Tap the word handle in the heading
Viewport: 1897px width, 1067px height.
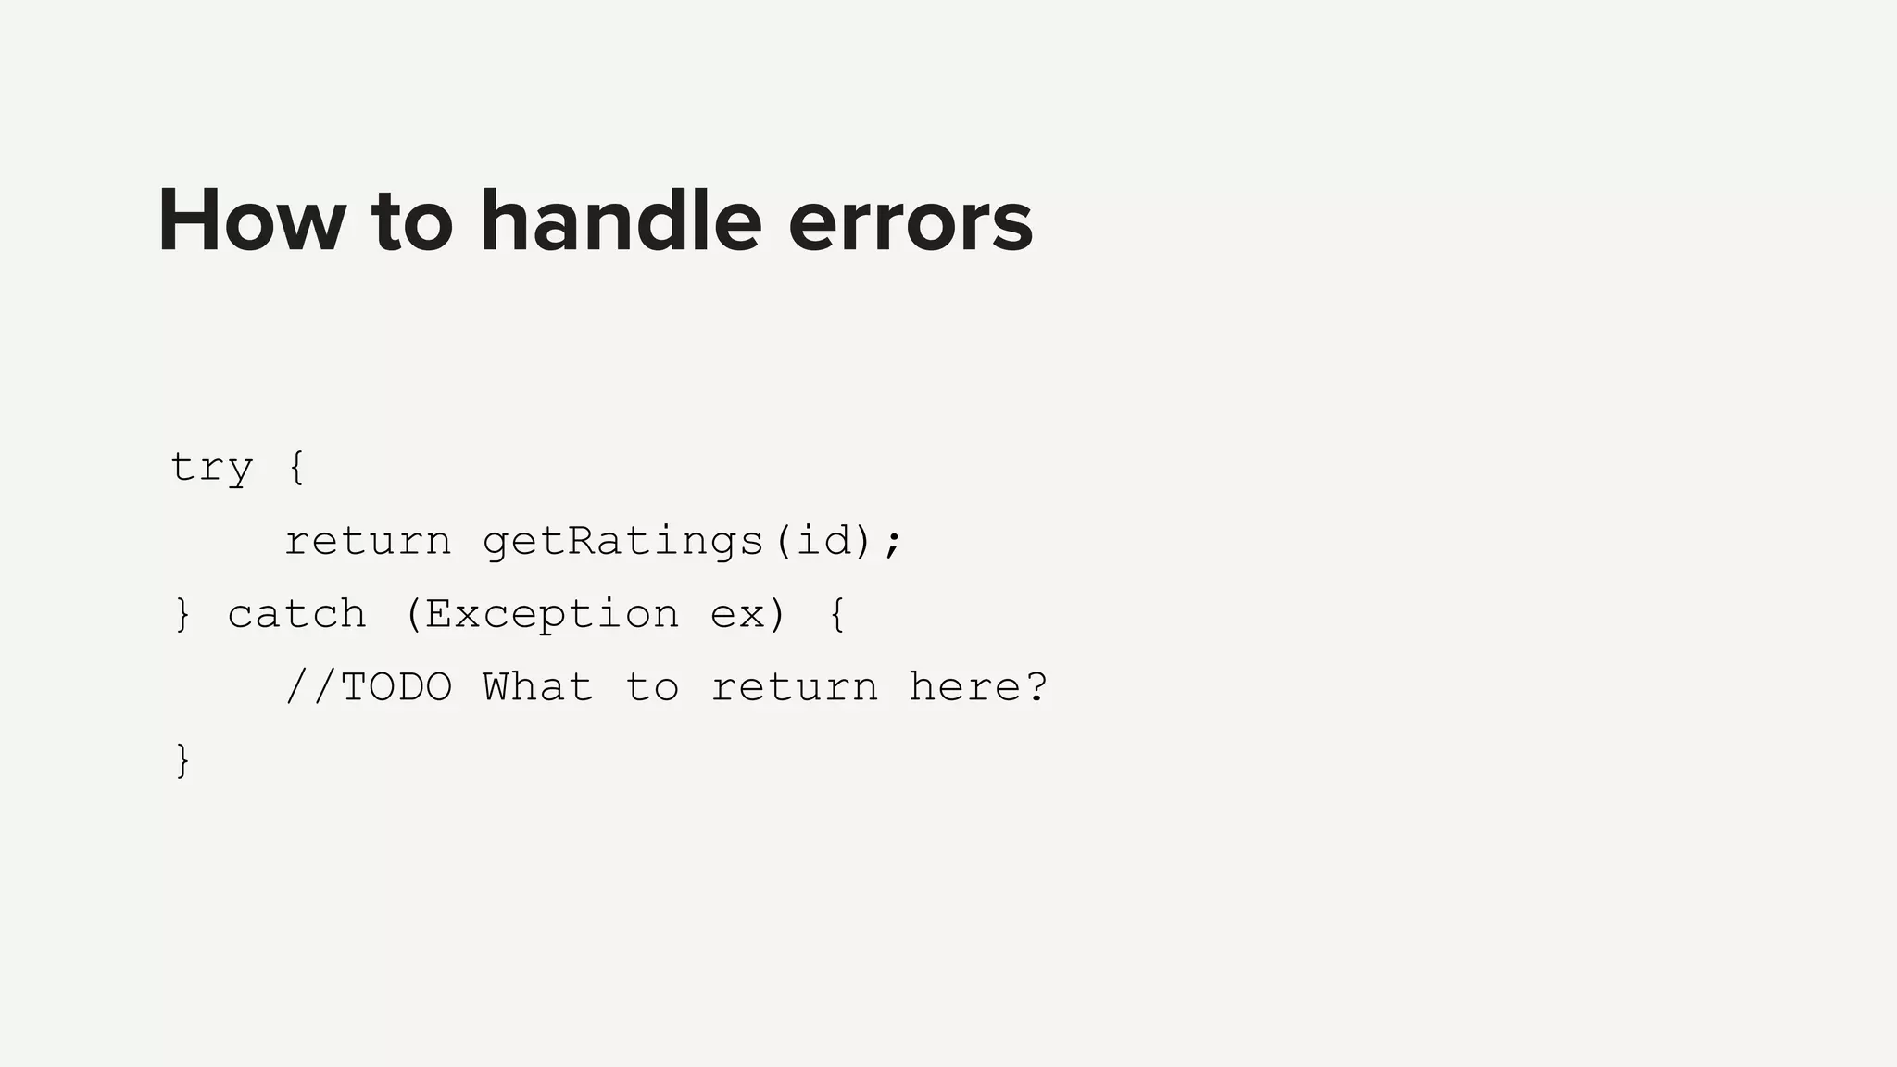(621, 221)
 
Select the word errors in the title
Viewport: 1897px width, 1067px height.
(910, 223)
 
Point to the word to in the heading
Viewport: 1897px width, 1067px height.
(412, 223)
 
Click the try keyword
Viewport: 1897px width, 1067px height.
(211, 468)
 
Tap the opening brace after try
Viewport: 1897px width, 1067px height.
(296, 467)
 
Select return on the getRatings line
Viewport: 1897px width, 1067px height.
(368, 541)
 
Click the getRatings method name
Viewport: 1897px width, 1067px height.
(622, 541)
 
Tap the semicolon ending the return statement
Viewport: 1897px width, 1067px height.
(892, 543)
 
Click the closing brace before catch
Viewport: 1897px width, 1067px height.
(182, 614)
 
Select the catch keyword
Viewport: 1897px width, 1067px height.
(296, 615)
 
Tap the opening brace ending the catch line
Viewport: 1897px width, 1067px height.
(836, 614)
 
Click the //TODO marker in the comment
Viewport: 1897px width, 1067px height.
(368, 687)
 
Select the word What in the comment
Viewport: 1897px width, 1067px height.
(538, 687)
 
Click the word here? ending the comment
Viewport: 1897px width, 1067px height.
(978, 687)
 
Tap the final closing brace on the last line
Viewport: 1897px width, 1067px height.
(182, 760)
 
